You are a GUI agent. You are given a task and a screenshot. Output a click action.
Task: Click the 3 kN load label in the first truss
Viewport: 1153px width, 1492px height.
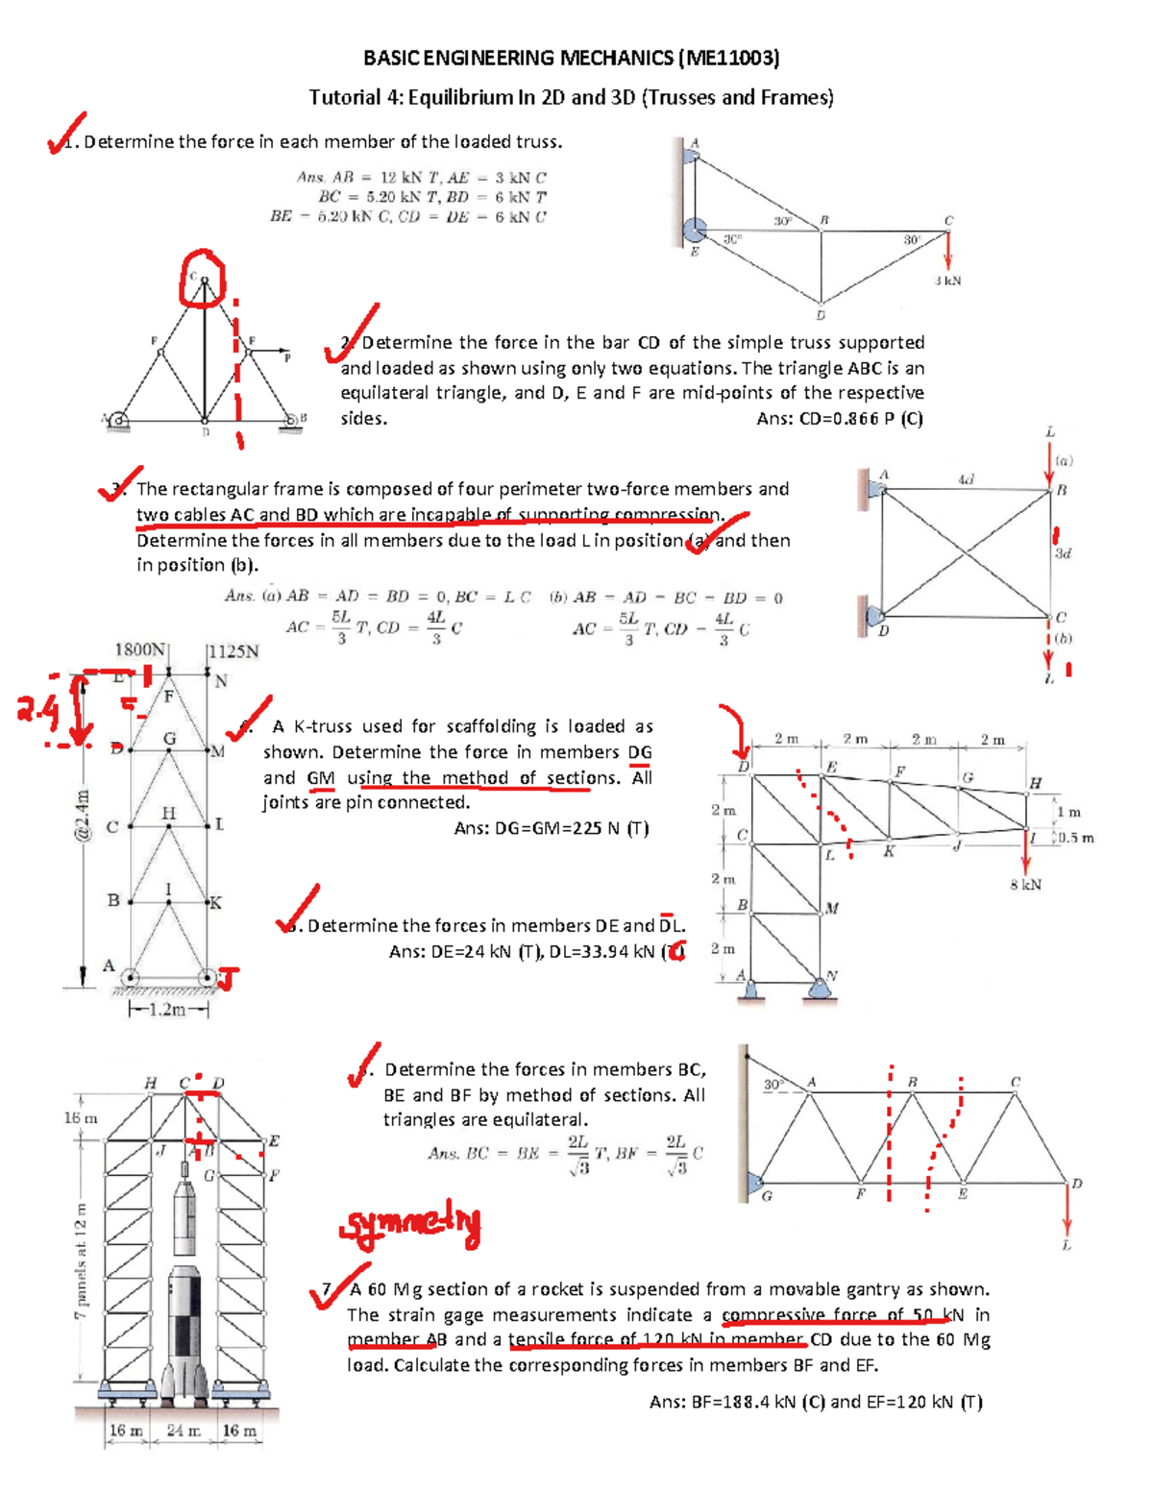(x=947, y=281)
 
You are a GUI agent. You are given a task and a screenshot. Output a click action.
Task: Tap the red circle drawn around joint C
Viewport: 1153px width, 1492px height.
(x=202, y=278)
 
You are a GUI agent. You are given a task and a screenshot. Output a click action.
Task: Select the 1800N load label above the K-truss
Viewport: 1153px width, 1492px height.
(x=140, y=649)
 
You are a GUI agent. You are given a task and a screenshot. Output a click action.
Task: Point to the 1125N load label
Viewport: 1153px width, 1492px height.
(x=233, y=651)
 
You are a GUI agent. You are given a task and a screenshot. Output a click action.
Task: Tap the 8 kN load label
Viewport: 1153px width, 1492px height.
(x=1025, y=885)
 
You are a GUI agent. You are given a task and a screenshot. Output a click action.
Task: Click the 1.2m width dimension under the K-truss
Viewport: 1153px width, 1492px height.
(x=168, y=1010)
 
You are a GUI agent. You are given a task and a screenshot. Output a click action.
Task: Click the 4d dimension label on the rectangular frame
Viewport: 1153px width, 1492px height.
(x=966, y=478)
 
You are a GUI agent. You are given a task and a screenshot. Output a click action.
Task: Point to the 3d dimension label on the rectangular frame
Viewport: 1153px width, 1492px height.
(x=1063, y=553)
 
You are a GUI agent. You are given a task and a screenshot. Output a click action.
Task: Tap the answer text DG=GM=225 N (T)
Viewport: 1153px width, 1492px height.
(x=552, y=828)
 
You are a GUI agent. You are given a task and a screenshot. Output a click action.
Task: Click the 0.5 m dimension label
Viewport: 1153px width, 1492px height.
(x=1075, y=838)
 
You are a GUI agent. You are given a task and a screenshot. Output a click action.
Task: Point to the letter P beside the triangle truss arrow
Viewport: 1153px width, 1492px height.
(x=286, y=357)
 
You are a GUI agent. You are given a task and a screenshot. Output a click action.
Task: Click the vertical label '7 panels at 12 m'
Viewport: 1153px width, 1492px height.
(x=82, y=1259)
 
